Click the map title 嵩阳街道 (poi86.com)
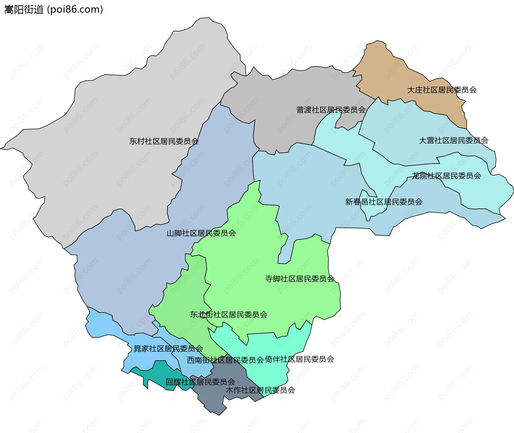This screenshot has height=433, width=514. (54, 10)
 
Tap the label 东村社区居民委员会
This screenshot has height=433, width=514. (164, 141)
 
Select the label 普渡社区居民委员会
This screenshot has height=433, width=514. (331, 110)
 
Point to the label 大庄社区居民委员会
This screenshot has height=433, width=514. (442, 90)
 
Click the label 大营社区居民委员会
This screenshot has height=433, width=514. (453, 140)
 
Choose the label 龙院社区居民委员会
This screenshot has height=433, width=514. (446, 176)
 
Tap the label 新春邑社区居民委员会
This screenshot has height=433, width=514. (384, 202)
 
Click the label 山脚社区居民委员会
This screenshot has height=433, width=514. (201, 233)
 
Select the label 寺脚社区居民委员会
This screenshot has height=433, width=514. (300, 278)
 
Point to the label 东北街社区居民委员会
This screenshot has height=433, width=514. (229, 314)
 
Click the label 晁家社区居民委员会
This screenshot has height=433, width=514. (168, 348)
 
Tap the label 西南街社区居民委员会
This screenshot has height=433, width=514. (225, 360)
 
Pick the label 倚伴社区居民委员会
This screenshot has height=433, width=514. (299, 359)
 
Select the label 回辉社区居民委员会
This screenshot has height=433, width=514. (200, 382)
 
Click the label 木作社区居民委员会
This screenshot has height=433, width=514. (260, 390)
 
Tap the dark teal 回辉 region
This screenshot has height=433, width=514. (158, 375)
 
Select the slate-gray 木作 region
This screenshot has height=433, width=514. (214, 399)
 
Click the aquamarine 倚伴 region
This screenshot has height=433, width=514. (270, 375)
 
